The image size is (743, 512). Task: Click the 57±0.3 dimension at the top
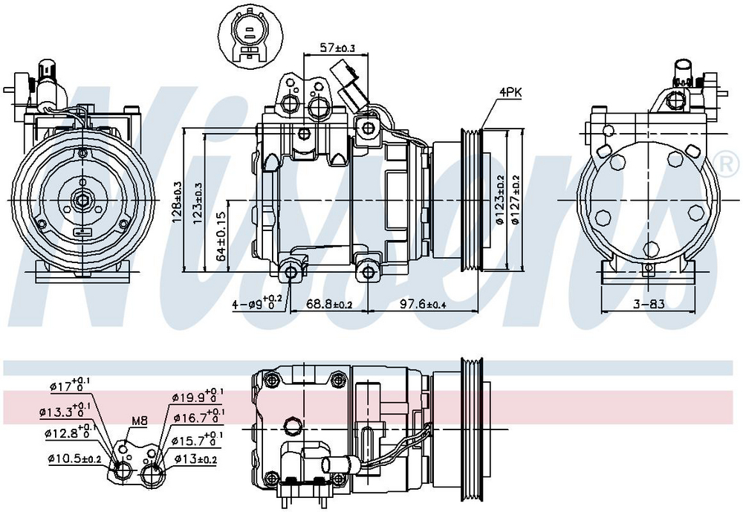338,48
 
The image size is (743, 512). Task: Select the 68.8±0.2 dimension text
330,304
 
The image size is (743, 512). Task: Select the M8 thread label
139,421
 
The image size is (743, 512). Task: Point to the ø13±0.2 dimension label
196,458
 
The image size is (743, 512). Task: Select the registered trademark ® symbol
729,162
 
